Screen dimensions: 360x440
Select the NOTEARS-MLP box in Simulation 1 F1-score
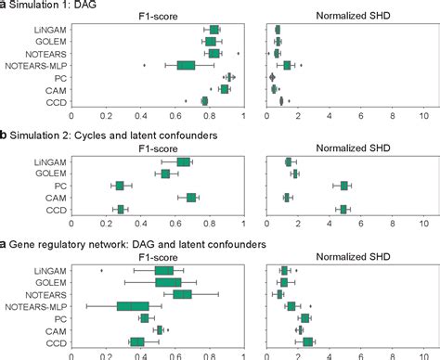coord(186,65)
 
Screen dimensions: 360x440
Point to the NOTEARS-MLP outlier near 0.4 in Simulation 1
coord(145,65)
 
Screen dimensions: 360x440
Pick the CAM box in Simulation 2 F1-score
coord(191,198)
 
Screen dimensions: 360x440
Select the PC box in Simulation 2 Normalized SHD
coord(344,186)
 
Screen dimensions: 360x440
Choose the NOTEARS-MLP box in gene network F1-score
coord(133,306)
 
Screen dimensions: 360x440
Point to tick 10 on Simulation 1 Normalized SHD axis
coord(424,115)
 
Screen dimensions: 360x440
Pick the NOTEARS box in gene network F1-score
coord(183,294)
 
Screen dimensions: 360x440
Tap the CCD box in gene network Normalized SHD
coord(308,341)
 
